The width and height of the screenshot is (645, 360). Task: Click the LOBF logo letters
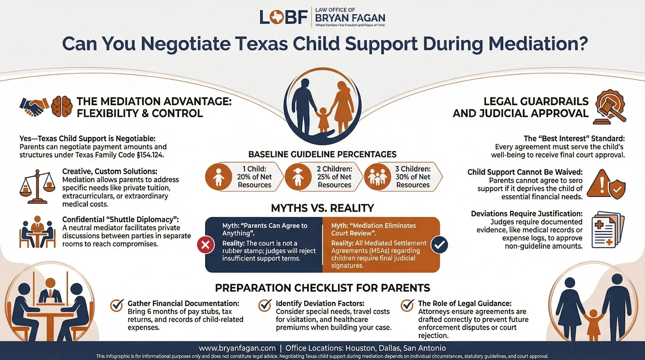(283, 17)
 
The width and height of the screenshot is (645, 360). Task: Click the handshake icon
(34, 107)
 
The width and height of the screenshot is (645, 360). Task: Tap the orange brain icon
(62, 107)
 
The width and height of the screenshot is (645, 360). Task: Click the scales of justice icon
(37, 186)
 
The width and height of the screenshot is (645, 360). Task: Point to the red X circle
(206, 245)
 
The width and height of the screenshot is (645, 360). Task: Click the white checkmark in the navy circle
(439, 245)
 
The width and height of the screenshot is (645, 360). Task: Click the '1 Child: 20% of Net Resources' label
(254, 177)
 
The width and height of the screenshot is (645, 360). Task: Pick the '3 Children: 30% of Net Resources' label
(413, 177)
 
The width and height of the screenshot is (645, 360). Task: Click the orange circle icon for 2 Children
(298, 177)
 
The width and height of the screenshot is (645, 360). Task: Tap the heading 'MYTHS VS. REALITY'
(322, 208)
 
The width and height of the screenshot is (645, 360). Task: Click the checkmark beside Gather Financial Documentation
(117, 305)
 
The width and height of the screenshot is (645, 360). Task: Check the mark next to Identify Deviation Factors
(265, 305)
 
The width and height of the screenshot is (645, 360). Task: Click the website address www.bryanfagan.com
(237, 348)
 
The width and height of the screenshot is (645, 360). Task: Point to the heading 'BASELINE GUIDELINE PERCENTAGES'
(322, 154)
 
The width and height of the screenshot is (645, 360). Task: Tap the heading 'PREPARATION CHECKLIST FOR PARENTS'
(322, 288)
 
